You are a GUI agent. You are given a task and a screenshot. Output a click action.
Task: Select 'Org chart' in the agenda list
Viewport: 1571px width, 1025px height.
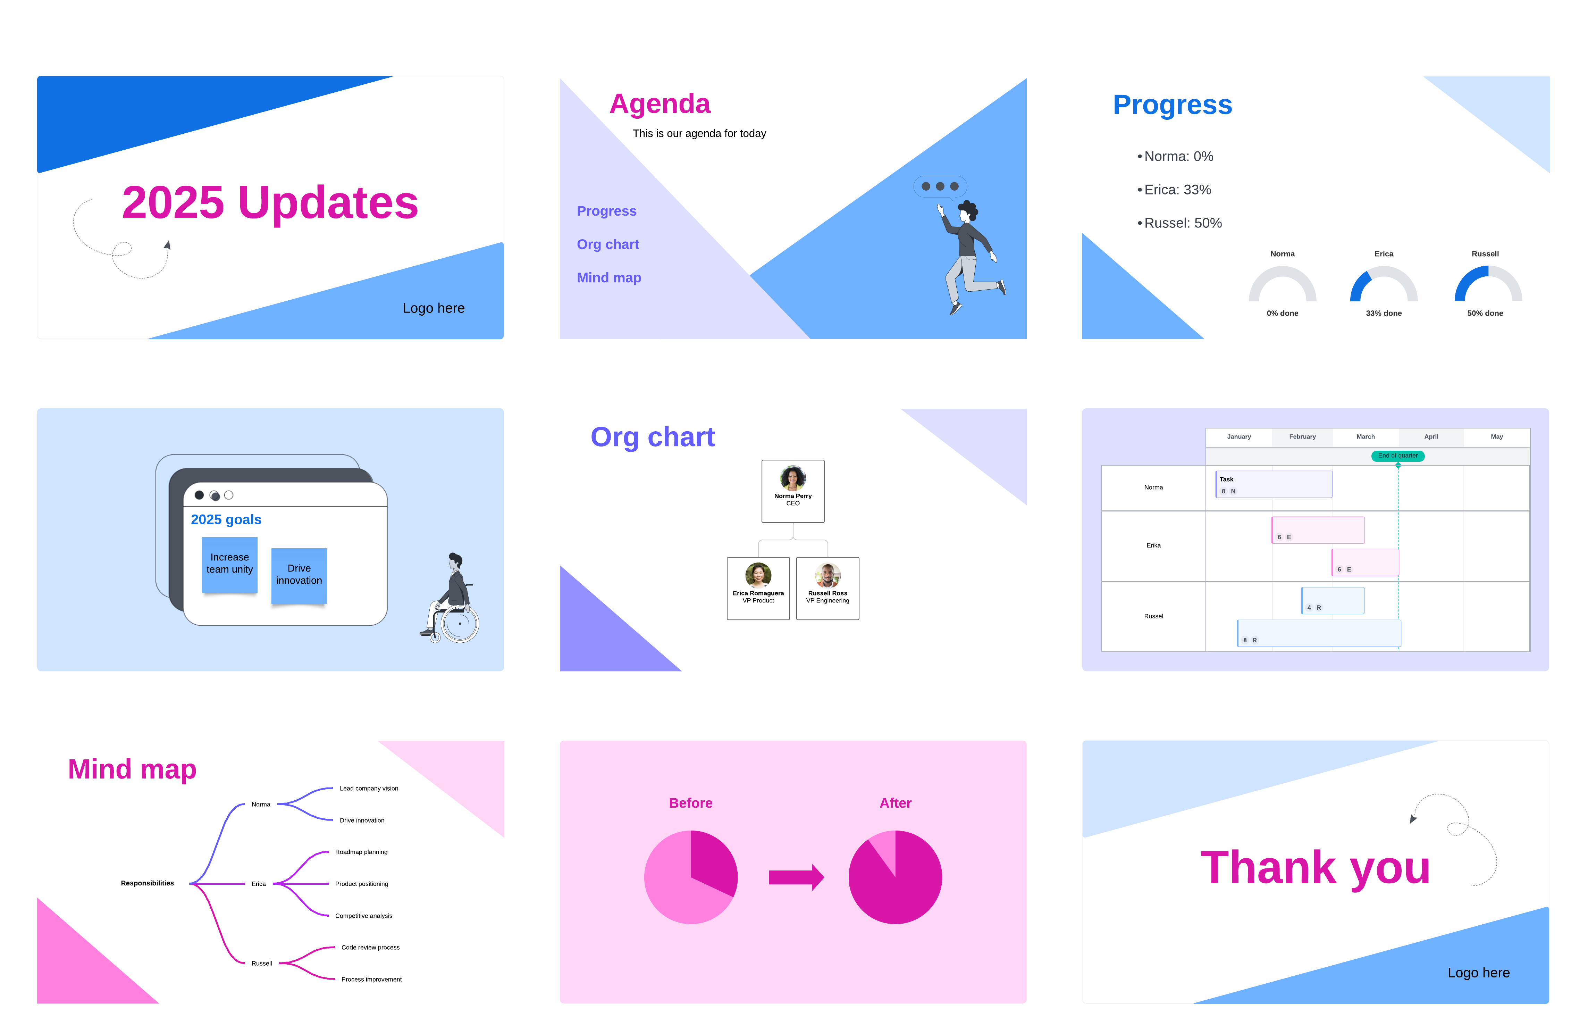click(607, 244)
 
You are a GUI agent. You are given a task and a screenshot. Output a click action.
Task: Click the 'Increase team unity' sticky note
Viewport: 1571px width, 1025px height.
click(230, 565)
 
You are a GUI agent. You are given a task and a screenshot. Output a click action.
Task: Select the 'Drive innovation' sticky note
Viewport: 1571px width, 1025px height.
click(299, 575)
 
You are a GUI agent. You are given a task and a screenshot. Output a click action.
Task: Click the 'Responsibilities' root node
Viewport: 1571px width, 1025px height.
click(147, 883)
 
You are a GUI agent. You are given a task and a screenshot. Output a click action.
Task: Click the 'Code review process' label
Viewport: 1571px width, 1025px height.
click(370, 948)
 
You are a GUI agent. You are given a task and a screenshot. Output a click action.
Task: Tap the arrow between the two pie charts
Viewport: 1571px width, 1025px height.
click(796, 877)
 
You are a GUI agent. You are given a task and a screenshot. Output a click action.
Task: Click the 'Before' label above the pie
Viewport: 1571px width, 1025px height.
click(690, 803)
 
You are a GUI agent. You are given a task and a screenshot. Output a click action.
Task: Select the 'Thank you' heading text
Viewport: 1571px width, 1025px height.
click(1315, 868)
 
